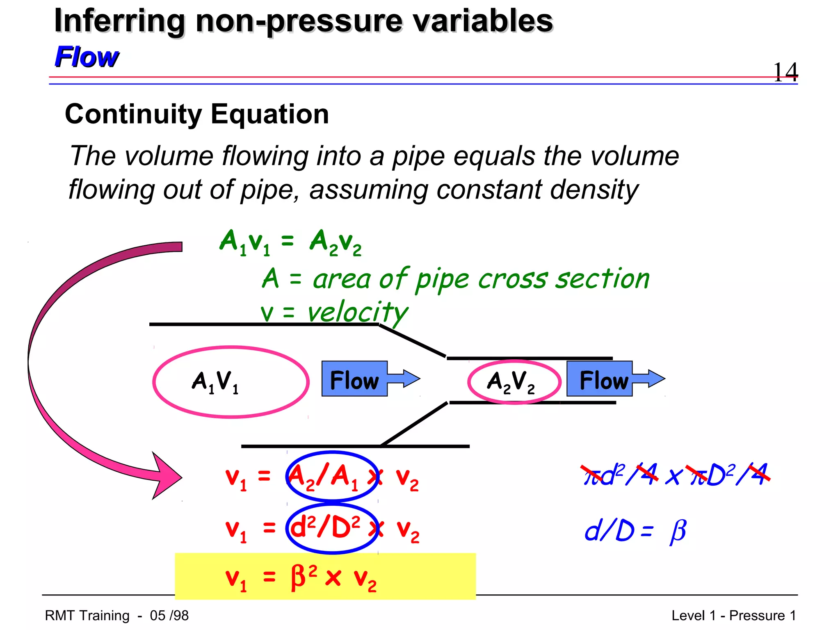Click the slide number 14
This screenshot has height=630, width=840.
click(785, 72)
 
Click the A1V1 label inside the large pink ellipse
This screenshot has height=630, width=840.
click(215, 382)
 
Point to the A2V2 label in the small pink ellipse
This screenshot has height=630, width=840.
click(511, 382)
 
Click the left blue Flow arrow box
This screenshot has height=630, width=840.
click(355, 379)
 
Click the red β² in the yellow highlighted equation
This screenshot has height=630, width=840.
click(304, 576)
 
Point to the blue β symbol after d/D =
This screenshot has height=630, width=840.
click(678, 532)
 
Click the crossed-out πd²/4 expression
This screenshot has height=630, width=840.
click(619, 475)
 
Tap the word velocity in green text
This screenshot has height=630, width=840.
click(358, 313)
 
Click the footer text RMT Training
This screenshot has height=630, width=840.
click(87, 616)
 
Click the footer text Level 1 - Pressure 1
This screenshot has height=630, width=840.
click(733, 616)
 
